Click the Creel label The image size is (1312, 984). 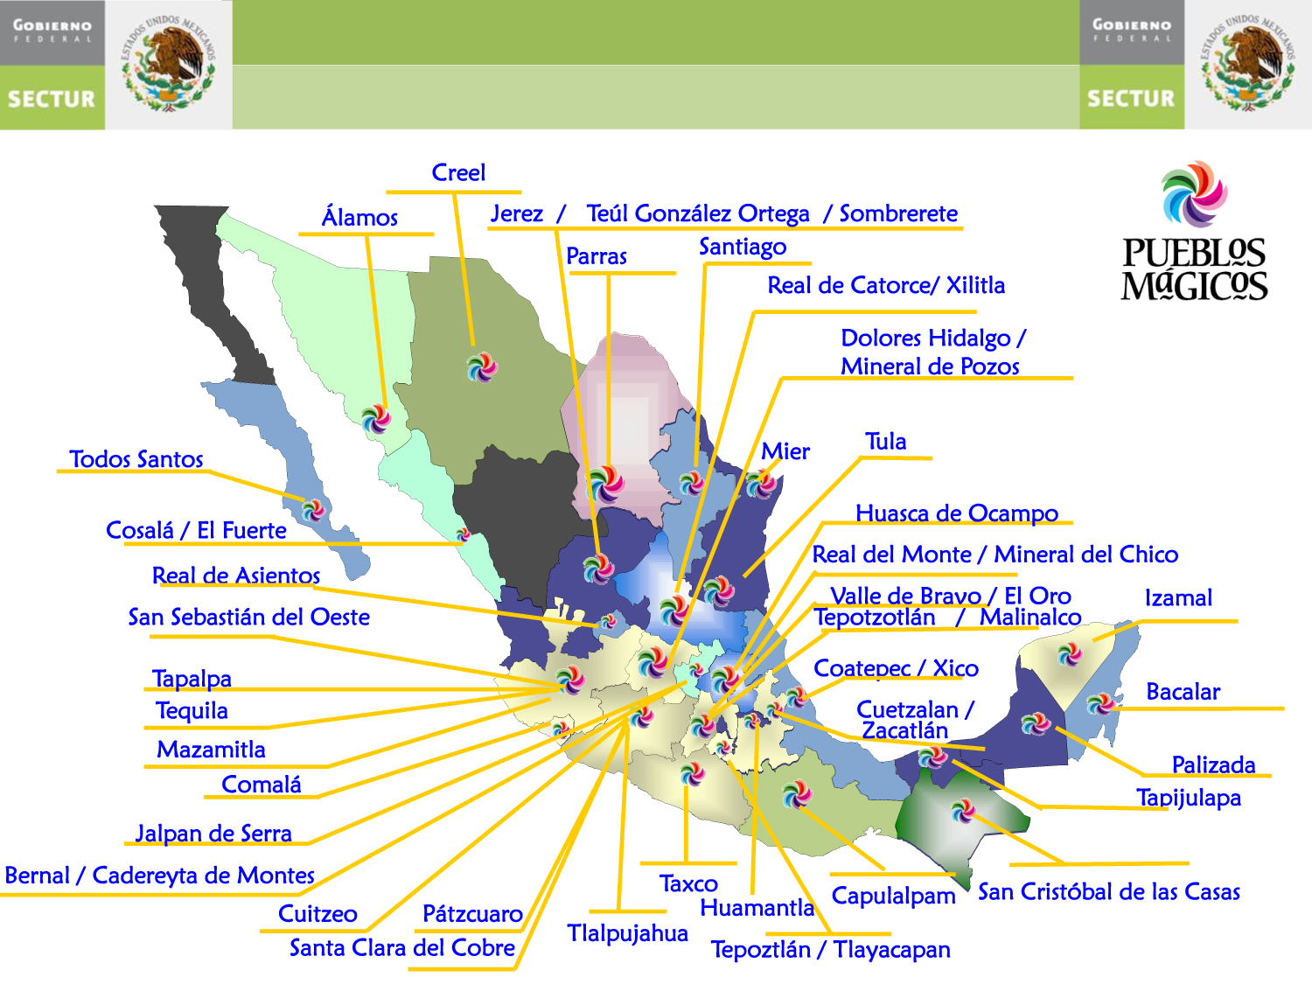click(x=458, y=173)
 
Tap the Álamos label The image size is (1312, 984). click(x=359, y=217)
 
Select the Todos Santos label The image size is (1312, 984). click(x=136, y=459)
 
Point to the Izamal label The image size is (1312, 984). click(x=1178, y=598)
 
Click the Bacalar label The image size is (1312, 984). click(x=1183, y=692)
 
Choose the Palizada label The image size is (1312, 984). click(x=1213, y=764)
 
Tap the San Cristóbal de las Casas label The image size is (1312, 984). click(x=1108, y=892)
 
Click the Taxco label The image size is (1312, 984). click(x=688, y=883)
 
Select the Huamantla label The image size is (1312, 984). click(x=757, y=908)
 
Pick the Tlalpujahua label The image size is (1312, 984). click(x=627, y=933)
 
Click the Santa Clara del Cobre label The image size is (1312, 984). click(x=402, y=948)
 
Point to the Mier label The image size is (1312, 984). click(x=785, y=451)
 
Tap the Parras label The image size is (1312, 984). click(x=597, y=256)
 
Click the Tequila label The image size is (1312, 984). click(x=192, y=711)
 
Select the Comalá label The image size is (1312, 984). click(x=262, y=785)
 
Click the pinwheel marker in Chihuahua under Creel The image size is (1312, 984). click(x=481, y=367)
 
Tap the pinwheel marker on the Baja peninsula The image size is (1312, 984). click(x=313, y=508)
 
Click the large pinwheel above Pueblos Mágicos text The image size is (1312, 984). click(x=1194, y=194)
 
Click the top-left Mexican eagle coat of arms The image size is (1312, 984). click(x=169, y=65)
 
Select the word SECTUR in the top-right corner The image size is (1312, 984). click(x=1131, y=99)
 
